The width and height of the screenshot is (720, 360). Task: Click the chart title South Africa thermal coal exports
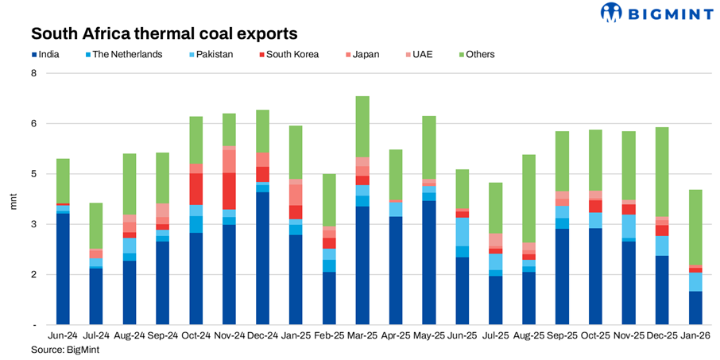tap(164, 34)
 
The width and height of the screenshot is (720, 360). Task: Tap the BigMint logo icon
tap(611, 13)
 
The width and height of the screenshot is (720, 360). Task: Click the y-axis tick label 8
tap(33, 73)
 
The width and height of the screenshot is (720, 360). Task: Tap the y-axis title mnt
tap(13, 199)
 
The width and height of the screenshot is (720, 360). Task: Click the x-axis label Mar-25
tap(362, 338)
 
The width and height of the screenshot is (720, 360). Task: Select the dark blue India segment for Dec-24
tap(262, 258)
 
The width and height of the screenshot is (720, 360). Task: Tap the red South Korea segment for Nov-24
tap(229, 191)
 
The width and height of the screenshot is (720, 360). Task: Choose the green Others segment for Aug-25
tap(528, 199)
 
